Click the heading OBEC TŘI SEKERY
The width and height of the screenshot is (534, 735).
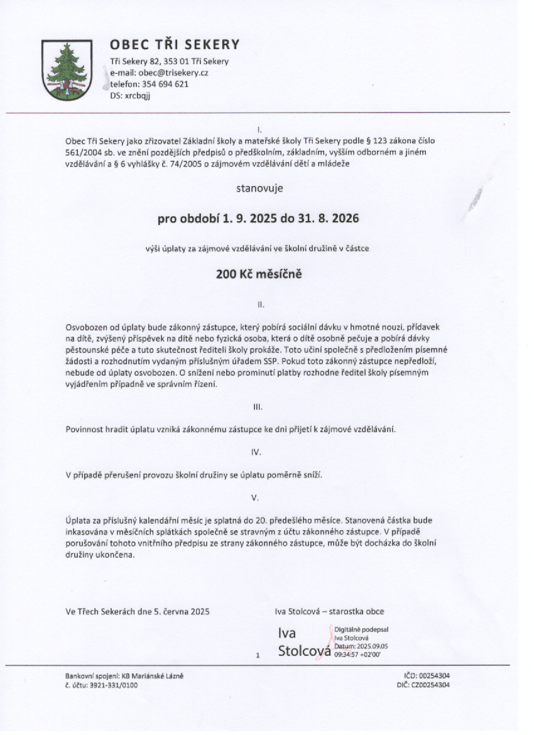[175, 45]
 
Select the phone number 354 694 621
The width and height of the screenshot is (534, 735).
[168, 84]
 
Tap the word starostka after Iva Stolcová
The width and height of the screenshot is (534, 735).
[348, 610]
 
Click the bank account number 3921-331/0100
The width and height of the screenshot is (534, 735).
[111, 684]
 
